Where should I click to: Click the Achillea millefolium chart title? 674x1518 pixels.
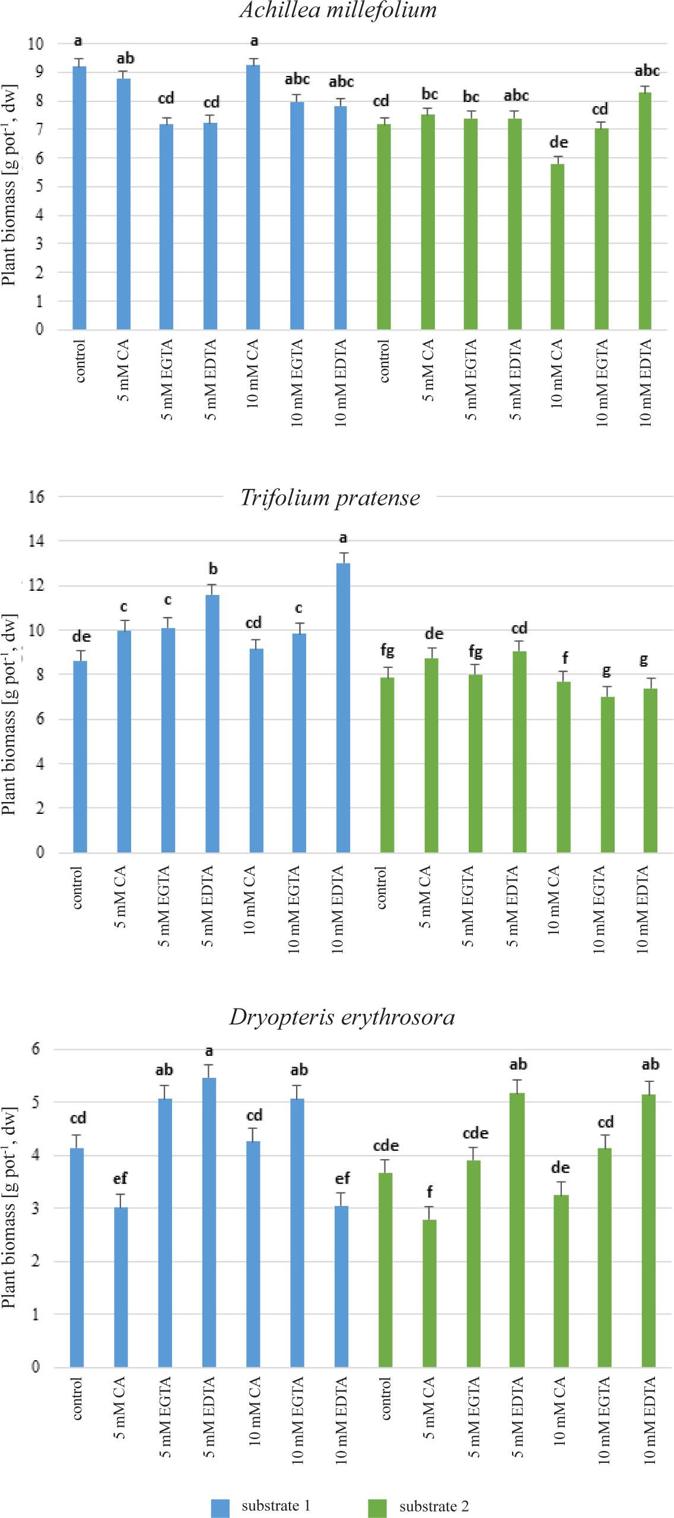(338, 10)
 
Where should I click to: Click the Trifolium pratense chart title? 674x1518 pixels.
(330, 497)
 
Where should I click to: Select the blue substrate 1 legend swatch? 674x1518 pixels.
(220, 1508)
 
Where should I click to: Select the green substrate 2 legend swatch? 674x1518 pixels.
(377, 1508)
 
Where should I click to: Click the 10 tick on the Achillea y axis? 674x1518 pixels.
(36, 43)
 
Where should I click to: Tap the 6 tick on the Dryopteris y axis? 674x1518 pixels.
(36, 1049)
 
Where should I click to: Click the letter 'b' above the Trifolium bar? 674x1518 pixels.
(213, 569)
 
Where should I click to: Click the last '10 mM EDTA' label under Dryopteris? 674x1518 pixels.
(650, 1420)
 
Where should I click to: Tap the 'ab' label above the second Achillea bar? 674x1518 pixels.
(125, 58)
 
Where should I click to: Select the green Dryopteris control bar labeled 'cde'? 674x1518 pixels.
(386, 1269)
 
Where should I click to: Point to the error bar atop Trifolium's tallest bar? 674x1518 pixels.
(343, 556)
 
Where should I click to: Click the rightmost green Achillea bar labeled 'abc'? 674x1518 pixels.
(645, 211)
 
